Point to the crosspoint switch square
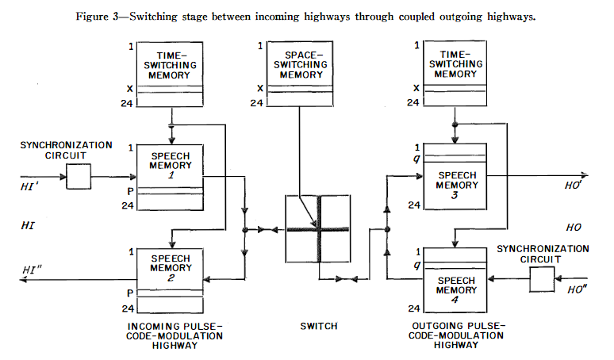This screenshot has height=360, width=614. [x=317, y=231]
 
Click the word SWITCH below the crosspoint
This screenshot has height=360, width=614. [x=318, y=327]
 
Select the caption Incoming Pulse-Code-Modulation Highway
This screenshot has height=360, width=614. [x=175, y=335]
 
